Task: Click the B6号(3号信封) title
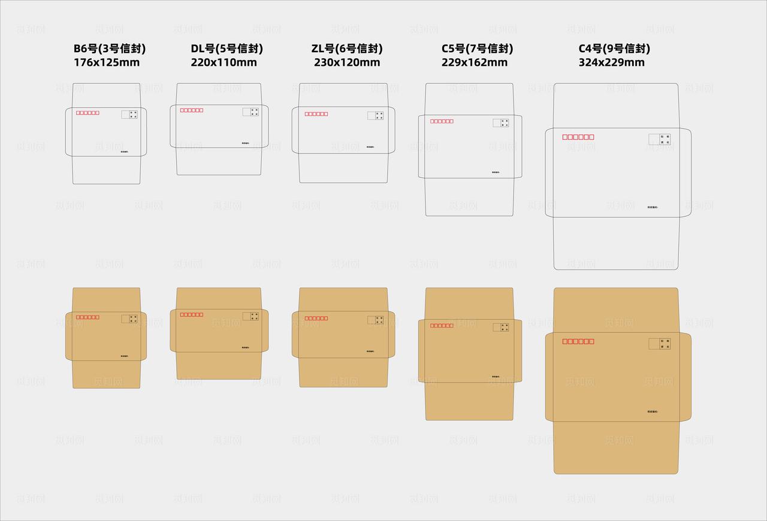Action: (110, 49)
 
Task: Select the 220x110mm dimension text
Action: (224, 62)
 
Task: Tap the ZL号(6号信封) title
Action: (347, 49)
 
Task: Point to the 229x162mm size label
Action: (474, 62)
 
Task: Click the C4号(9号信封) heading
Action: (614, 49)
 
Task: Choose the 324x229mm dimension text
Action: (611, 62)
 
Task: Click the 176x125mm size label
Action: (107, 62)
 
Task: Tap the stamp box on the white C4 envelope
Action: (659, 139)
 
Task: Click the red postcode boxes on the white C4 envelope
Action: (578, 137)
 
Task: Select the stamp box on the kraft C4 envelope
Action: (659, 344)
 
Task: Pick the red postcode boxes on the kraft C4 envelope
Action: (578, 341)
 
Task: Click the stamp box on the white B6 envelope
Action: (129, 114)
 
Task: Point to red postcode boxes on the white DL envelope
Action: (192, 110)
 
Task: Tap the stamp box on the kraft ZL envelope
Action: (375, 320)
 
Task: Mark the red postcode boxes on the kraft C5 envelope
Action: (442, 326)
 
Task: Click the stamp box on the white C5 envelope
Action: (501, 123)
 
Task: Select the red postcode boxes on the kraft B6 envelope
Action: (87, 317)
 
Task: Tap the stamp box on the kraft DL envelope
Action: (250, 316)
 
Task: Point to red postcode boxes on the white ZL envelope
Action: (316, 114)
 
